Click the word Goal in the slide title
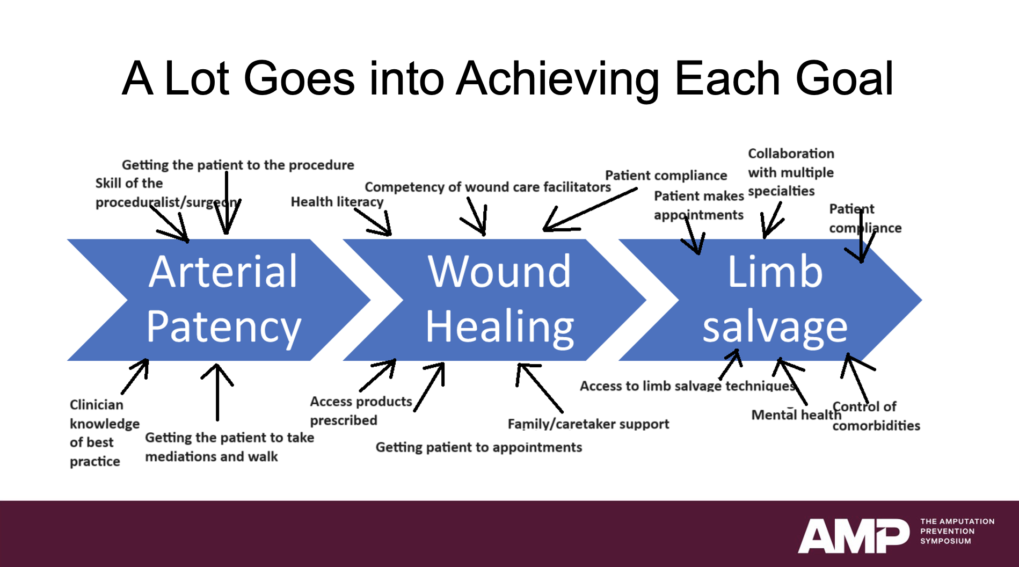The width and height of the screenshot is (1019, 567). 844,79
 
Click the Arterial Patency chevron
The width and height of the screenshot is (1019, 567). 222,299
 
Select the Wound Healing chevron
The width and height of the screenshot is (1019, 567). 499,299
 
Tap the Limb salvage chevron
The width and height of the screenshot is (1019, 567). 774,299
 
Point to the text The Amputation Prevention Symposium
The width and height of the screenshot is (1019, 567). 957,531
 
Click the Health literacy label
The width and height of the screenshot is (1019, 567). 337,202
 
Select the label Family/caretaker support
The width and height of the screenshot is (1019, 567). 588,424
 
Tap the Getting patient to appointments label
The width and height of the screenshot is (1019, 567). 478,447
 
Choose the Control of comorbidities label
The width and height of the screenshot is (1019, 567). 875,416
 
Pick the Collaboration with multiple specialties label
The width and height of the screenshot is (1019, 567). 790,172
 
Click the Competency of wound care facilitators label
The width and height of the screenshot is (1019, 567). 487,187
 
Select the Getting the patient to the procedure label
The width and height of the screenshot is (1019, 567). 237,165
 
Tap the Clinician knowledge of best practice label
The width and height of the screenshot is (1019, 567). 103,433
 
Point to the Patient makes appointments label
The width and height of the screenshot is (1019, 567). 698,206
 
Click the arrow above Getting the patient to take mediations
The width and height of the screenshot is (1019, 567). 217,392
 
